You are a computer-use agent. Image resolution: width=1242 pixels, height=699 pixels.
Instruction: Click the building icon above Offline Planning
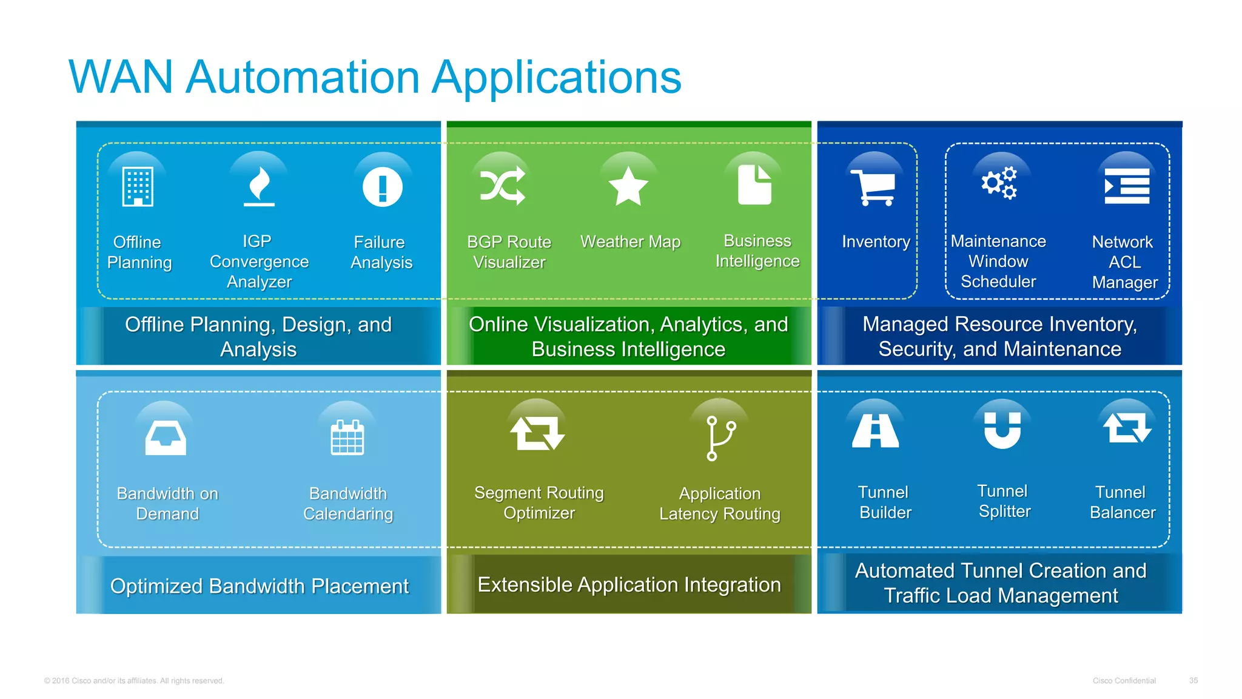pos(138,187)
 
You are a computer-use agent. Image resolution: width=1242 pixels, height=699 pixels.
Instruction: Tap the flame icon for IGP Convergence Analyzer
pos(260,186)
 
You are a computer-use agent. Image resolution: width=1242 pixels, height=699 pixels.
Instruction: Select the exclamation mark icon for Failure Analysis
pos(382,187)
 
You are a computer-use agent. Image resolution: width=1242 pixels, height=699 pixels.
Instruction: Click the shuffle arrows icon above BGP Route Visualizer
pos(503,185)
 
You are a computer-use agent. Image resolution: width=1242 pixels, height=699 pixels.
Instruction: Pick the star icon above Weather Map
pos(628,186)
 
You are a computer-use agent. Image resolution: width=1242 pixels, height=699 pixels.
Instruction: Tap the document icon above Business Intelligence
pos(754,184)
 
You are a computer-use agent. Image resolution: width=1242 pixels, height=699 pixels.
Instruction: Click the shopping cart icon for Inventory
pos(873,187)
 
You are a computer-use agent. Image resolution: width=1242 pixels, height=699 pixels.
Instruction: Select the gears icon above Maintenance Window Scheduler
pos(999,183)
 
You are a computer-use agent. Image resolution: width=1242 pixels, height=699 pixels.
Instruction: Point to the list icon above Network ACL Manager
pos(1126,186)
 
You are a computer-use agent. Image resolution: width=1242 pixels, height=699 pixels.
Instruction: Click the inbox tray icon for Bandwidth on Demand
pos(166,437)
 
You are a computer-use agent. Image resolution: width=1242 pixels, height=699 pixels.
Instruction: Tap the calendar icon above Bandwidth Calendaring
pos(347,437)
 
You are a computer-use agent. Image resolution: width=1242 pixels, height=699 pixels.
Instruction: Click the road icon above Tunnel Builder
pos(875,431)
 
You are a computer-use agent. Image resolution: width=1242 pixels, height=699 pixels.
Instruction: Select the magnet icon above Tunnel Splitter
pos(1002,430)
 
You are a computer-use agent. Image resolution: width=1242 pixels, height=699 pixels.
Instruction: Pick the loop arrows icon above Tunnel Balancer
pos(1126,428)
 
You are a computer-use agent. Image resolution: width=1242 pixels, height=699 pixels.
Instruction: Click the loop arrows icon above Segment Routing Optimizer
pos(537,433)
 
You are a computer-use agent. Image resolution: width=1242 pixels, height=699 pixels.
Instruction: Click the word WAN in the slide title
pos(121,78)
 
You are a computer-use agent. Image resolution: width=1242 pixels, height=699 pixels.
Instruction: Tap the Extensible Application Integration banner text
pos(629,584)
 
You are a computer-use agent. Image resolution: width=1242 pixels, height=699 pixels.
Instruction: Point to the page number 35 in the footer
pos(1193,680)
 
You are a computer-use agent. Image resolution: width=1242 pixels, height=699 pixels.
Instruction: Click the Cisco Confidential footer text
pos(1124,680)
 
